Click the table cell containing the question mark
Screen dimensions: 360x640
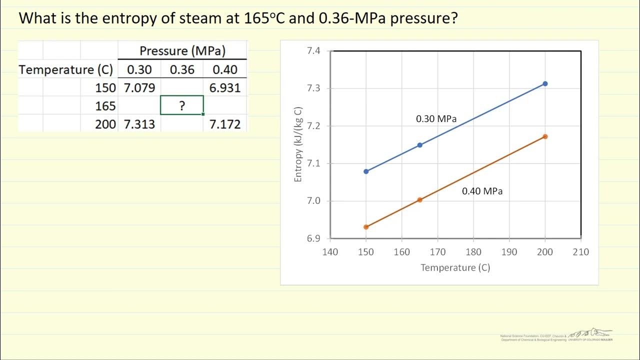coord(182,105)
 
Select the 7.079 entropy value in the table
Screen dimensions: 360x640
coord(139,88)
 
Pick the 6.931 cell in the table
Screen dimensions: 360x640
coord(225,88)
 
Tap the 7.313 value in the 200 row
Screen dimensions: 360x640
coord(139,124)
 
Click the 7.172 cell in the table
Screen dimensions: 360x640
coord(225,124)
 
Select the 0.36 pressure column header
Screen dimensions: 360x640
coord(182,69)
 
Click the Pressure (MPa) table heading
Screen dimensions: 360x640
coord(182,50)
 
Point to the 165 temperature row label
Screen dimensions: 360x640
coord(105,106)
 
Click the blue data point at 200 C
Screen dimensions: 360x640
coord(545,83)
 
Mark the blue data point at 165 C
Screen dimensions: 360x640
coord(419,145)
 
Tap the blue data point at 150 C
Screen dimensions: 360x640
coord(366,171)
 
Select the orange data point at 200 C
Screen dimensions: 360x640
coord(545,136)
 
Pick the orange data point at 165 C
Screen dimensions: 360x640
coord(419,200)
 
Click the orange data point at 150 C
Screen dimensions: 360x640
coord(366,227)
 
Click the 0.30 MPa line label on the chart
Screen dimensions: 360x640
coord(436,119)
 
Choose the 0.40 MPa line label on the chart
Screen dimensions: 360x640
coord(482,191)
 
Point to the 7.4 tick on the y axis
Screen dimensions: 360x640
coord(313,51)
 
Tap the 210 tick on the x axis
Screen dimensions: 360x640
coord(581,251)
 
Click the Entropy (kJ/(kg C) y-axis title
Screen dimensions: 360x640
coord(298,144)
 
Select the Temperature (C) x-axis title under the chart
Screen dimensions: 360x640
coord(455,267)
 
